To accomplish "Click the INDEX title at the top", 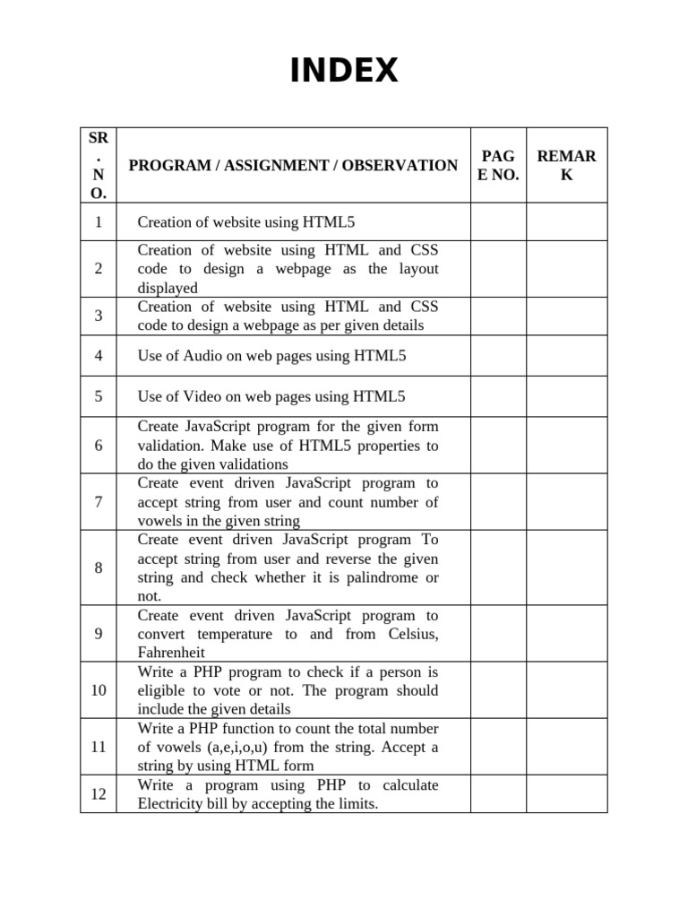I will [x=344, y=71].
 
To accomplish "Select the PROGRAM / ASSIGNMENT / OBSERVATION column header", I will [x=293, y=165].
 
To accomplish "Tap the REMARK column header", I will [x=566, y=165].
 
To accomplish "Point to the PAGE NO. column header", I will [x=498, y=165].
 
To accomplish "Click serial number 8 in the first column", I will [x=99, y=567].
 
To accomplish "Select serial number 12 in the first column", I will [x=99, y=793].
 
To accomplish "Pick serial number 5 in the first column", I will [x=99, y=396].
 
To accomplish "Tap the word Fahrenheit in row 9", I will [x=171, y=653].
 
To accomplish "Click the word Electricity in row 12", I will [x=172, y=804].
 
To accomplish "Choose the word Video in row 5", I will [x=202, y=396].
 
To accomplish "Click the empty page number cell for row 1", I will [x=498, y=221].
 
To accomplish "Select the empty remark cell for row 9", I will [x=566, y=633].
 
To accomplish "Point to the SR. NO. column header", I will [x=99, y=165].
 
